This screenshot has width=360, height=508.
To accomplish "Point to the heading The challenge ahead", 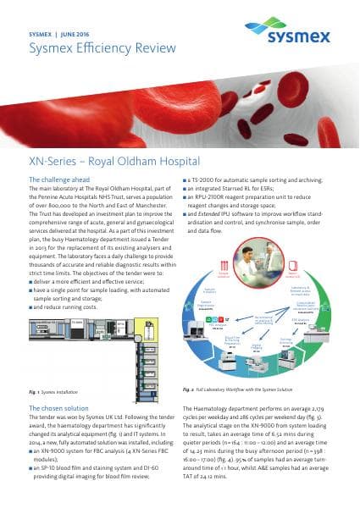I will (x=60, y=180).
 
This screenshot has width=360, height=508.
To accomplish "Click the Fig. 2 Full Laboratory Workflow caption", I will (x=238, y=389).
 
